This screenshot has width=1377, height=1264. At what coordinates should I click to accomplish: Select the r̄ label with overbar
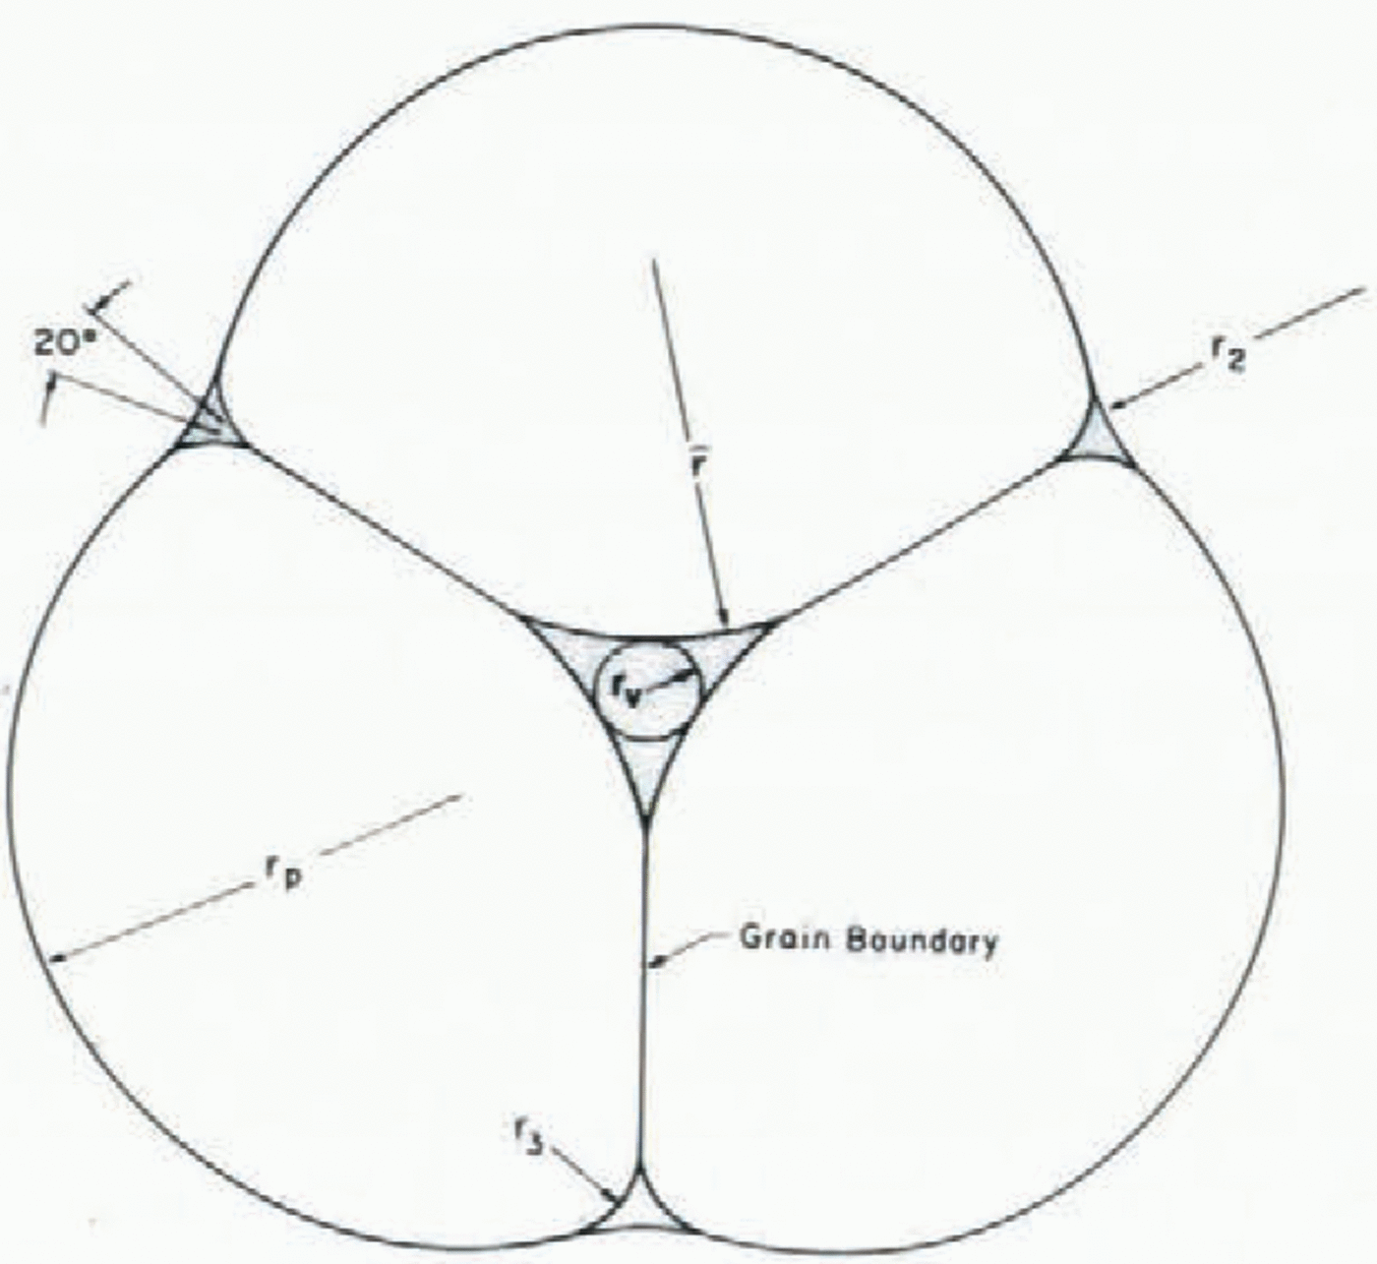[x=697, y=463]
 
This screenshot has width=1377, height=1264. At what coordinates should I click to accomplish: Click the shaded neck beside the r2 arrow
[x=1097, y=438]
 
